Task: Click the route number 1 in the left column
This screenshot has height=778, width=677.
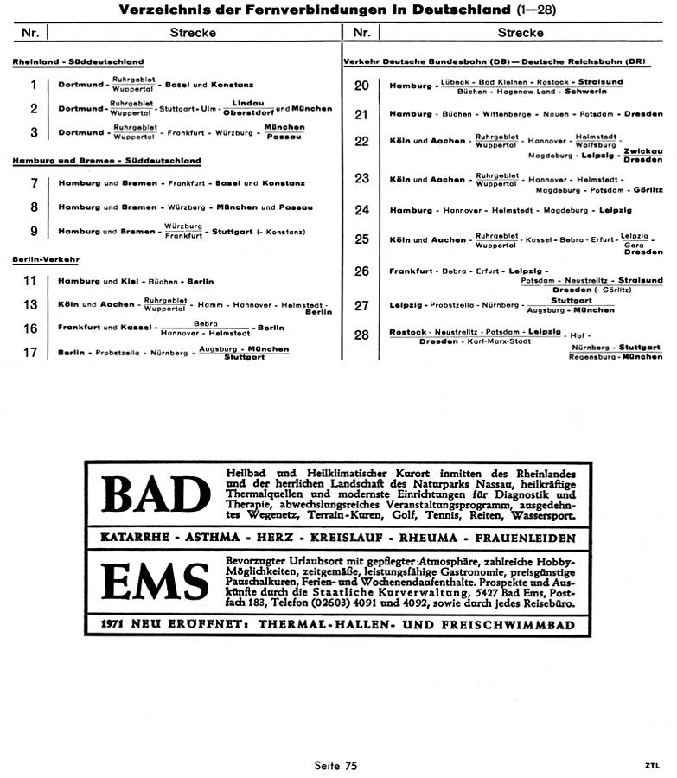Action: pyautogui.click(x=34, y=85)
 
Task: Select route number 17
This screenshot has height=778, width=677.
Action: pyautogui.click(x=31, y=352)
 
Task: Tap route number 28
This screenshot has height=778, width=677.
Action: pyautogui.click(x=362, y=335)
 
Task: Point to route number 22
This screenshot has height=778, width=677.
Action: pyautogui.click(x=362, y=142)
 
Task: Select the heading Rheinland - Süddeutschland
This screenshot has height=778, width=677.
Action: pyautogui.click(x=79, y=62)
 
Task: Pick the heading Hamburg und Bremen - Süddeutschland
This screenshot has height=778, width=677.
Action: pyautogui.click(x=107, y=161)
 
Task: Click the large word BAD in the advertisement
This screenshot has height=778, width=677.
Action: pyautogui.click(x=156, y=494)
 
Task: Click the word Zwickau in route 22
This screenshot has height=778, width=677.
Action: pyautogui.click(x=643, y=150)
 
